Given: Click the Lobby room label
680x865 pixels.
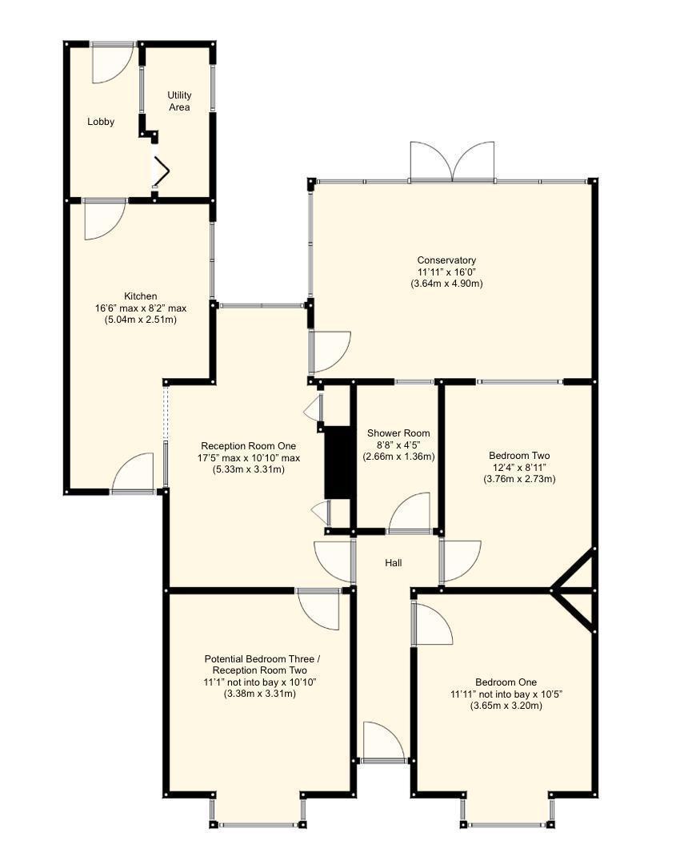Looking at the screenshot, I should (x=101, y=122).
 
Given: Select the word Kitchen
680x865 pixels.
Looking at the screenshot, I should (x=140, y=296).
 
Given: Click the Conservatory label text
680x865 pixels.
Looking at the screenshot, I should (x=446, y=260).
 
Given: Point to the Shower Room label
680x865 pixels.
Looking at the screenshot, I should (x=398, y=433).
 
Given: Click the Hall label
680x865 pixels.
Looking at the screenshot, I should (x=393, y=563).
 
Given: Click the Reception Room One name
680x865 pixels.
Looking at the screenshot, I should (x=248, y=446).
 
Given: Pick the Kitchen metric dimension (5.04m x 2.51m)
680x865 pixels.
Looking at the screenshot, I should (x=140, y=320).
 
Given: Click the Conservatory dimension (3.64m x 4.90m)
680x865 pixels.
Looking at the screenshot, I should (x=446, y=284).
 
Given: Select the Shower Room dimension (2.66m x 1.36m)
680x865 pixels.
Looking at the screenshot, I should (x=398, y=457).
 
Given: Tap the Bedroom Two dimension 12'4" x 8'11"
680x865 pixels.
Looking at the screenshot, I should (x=519, y=467).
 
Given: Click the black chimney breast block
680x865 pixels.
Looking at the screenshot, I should (x=338, y=463).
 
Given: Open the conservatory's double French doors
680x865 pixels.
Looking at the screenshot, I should (x=452, y=162).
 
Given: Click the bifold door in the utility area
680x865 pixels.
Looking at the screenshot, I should (x=160, y=169).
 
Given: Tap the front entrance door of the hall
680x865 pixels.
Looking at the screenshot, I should (x=383, y=742).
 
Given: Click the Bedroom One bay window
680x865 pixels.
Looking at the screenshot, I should (x=506, y=823).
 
